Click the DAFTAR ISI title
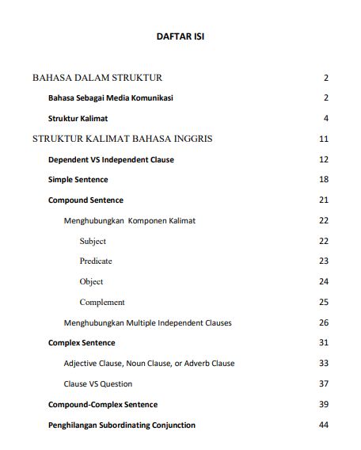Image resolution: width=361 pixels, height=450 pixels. coord(181,36)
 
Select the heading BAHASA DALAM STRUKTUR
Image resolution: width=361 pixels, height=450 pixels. coord(97,78)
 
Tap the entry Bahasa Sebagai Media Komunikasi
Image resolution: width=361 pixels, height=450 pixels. coord(111,98)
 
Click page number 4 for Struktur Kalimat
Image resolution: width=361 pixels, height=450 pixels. coord(325,119)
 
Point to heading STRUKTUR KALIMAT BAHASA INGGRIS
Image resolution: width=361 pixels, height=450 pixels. coord(122,139)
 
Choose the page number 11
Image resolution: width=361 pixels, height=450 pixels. coord(323,139)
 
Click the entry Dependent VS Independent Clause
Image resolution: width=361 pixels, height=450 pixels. coord(111,159)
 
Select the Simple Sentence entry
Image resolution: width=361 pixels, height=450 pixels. coord(78,180)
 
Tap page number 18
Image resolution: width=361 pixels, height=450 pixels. coord(323,180)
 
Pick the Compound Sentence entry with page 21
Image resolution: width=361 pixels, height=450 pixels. coord(85,200)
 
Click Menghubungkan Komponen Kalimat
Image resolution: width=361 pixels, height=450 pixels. coord(129,220)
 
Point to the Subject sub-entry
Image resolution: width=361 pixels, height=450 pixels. coord(93,241)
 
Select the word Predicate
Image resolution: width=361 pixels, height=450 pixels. coord(96,261)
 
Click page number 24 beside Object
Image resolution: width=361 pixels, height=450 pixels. coord(323,282)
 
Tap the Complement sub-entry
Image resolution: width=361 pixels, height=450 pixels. coord(102,303)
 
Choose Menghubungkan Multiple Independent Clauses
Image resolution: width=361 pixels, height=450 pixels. coord(147,322)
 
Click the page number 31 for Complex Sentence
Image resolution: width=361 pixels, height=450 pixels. coord(323,343)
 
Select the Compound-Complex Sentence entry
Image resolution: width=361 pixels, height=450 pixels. coord(103,405)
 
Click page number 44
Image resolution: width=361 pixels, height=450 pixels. coord(323,425)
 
